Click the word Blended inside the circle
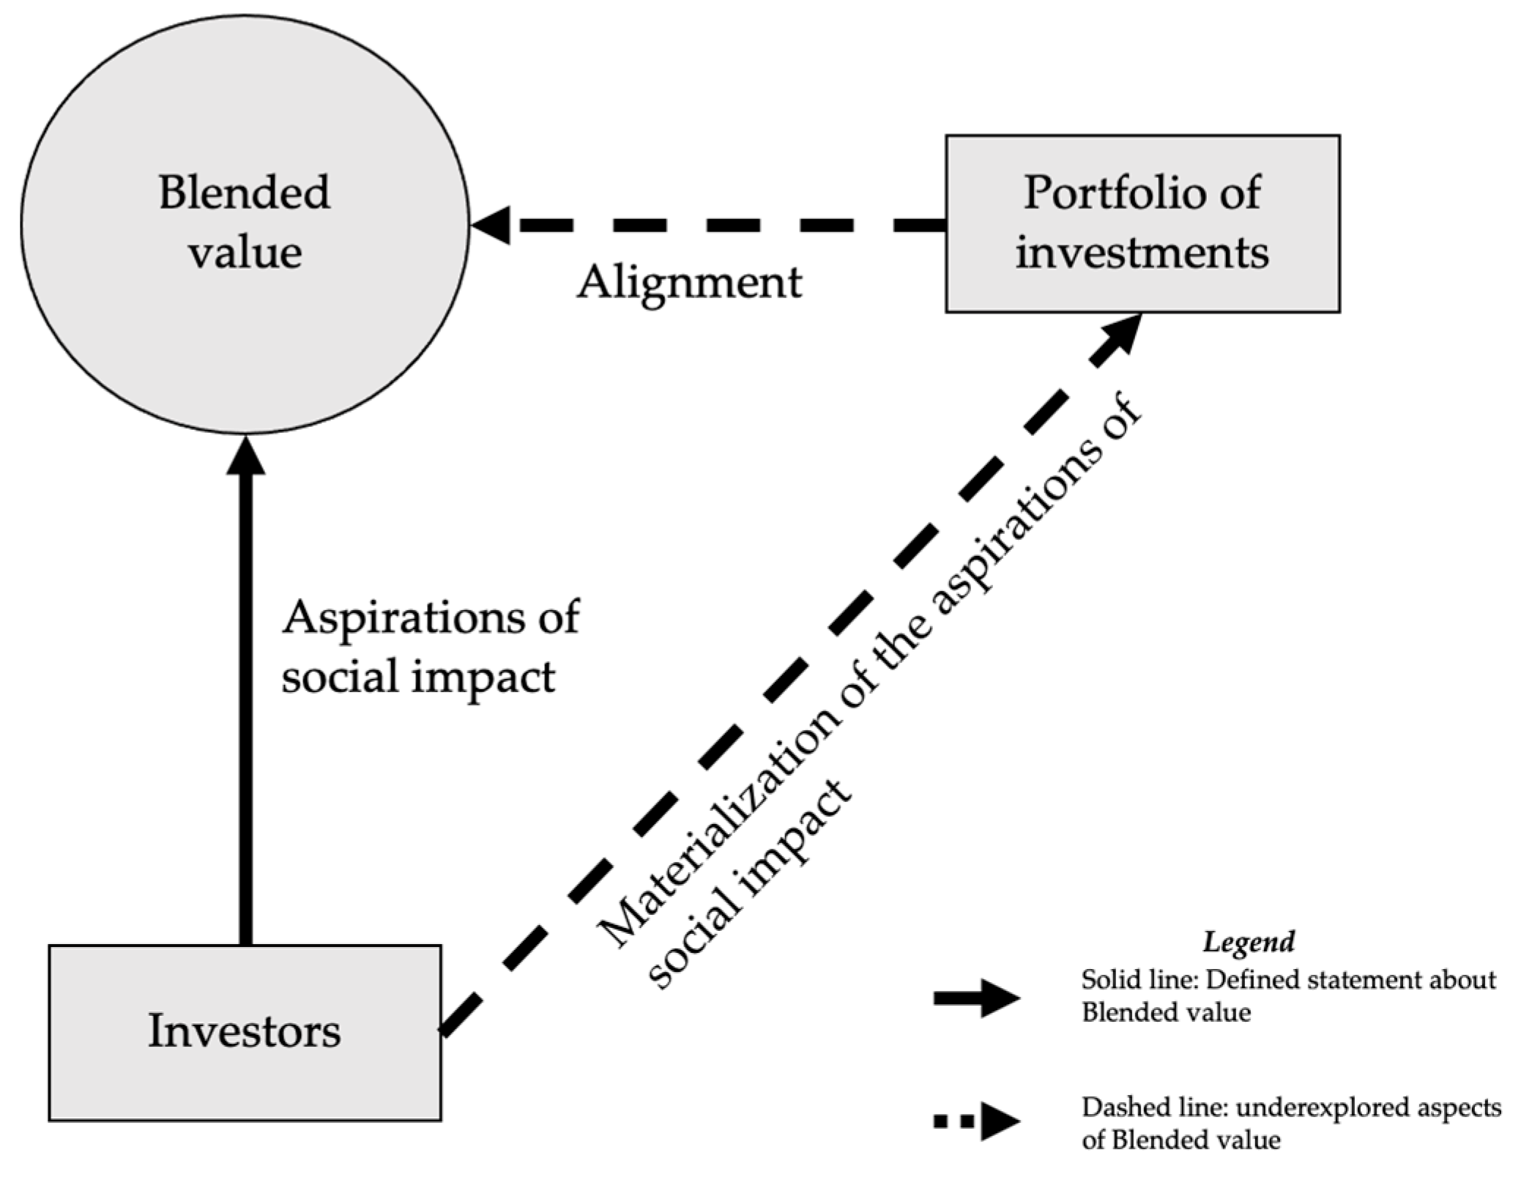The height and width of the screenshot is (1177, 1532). [x=244, y=193]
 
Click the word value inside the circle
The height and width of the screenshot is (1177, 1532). [x=245, y=253]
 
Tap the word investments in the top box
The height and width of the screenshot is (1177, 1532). [x=1142, y=253]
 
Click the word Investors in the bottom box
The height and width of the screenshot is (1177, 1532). [x=244, y=1031]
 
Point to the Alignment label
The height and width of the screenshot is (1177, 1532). [x=689, y=283]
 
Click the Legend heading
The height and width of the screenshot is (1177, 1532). [x=1248, y=941]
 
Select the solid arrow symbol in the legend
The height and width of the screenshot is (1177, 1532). [x=976, y=998]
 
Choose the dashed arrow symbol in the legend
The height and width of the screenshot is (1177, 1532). [x=976, y=1121]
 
